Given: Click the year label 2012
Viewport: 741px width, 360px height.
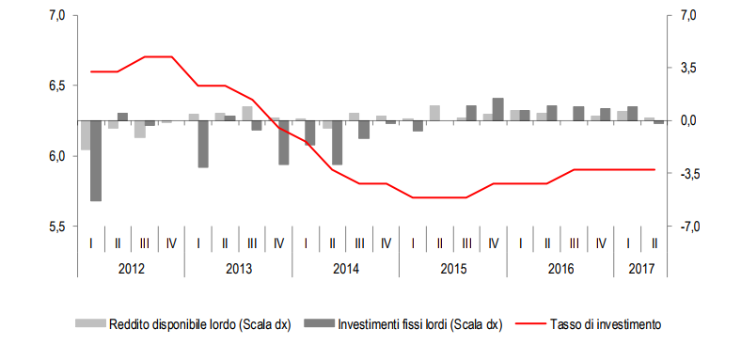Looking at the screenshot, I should coord(131,269).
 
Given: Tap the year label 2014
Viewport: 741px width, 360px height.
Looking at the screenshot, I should coord(345,269).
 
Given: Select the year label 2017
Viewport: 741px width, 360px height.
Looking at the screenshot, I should coord(641,269).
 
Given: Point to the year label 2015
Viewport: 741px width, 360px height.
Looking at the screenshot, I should coord(452,269).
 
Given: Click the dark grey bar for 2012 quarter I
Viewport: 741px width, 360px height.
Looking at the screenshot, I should coord(96,161).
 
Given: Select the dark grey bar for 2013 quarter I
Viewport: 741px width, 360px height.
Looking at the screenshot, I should coord(203,144).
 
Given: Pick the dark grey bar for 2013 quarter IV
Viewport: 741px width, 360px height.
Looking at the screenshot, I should coord(283,143).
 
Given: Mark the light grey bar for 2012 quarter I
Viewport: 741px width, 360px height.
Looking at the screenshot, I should coord(86,135).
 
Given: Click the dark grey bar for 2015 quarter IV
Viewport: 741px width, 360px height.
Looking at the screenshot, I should coord(497,109).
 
